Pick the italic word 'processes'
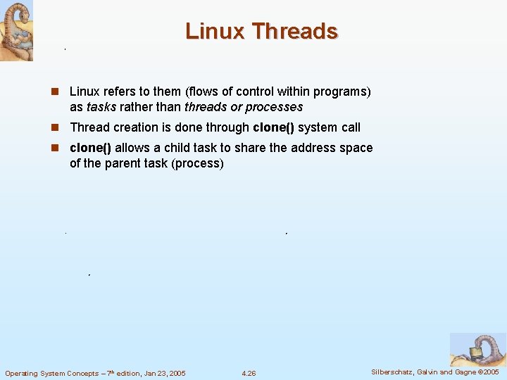tap(274, 108)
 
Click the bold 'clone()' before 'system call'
tap(273, 128)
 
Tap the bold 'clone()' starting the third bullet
tap(90, 148)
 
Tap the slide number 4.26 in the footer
tap(249, 373)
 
